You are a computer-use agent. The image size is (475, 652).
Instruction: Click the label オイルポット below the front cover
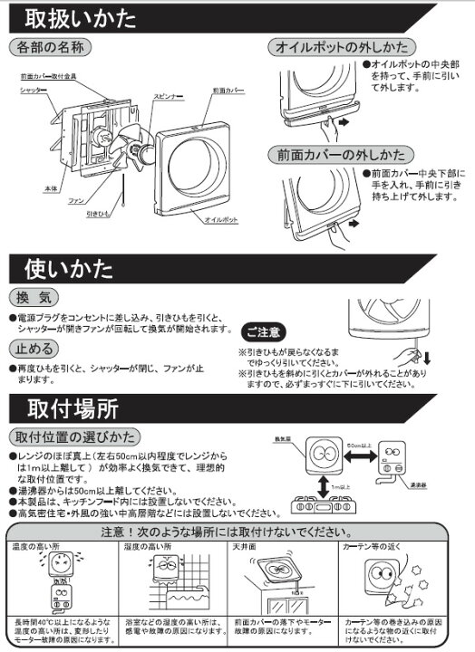pos(221,218)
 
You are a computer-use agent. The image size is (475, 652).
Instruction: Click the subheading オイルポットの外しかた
pos(341,47)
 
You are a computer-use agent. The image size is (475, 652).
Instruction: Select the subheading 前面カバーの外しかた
pos(341,156)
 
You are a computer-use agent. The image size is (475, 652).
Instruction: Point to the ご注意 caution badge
pos(265,332)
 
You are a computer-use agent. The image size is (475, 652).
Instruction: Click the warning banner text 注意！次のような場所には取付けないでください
pos(237,531)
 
